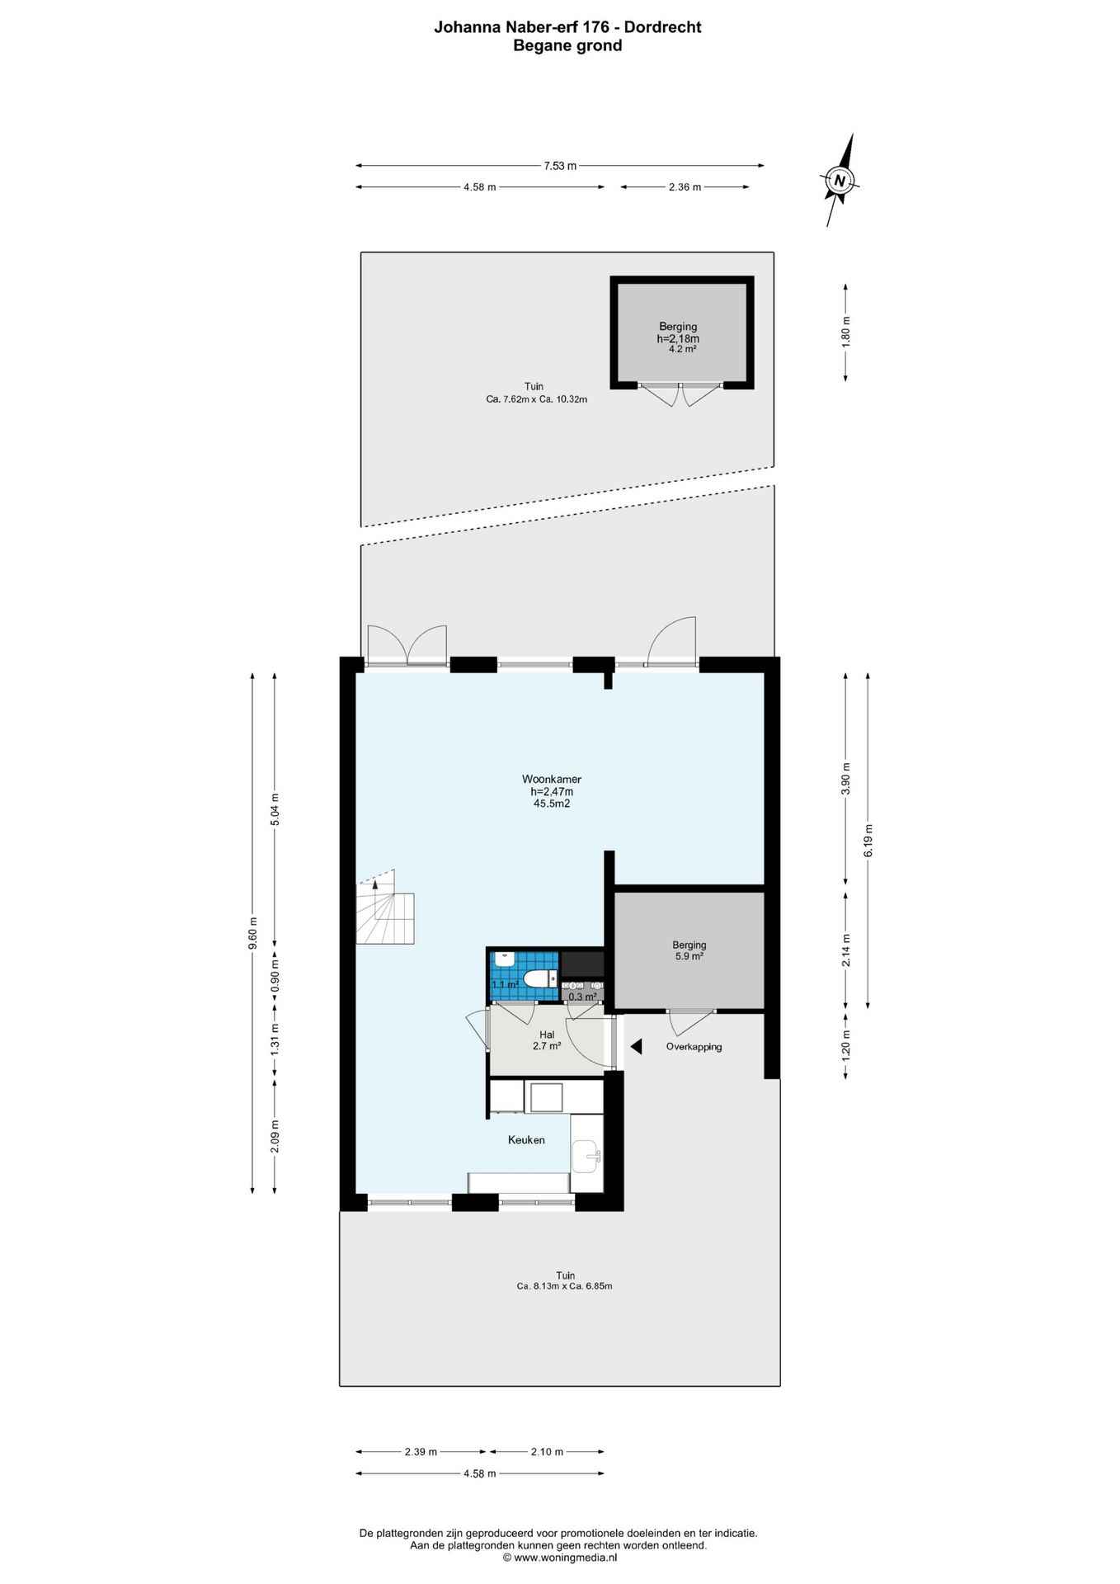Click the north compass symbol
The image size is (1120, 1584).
click(x=840, y=181)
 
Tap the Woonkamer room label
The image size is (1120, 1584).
click(x=552, y=779)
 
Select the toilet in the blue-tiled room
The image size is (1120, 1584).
click(x=540, y=979)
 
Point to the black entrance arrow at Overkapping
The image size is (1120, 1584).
click(x=636, y=1046)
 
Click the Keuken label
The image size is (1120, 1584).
click(x=526, y=1139)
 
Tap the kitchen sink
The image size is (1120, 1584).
click(x=587, y=1157)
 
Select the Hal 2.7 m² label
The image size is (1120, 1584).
click(x=547, y=1040)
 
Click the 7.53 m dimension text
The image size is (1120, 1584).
click(x=560, y=166)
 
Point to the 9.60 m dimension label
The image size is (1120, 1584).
click(x=253, y=933)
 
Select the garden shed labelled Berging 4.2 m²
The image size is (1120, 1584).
click(x=682, y=332)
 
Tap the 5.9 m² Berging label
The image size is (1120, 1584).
click(x=689, y=950)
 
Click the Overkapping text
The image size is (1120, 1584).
click(x=694, y=1047)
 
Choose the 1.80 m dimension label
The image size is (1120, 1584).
click(x=845, y=332)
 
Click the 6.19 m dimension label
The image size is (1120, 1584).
click(x=868, y=840)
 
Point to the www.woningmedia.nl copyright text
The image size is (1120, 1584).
click(x=560, y=1558)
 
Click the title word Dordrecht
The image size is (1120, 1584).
click(x=662, y=26)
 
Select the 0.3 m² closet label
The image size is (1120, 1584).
click(x=582, y=997)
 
